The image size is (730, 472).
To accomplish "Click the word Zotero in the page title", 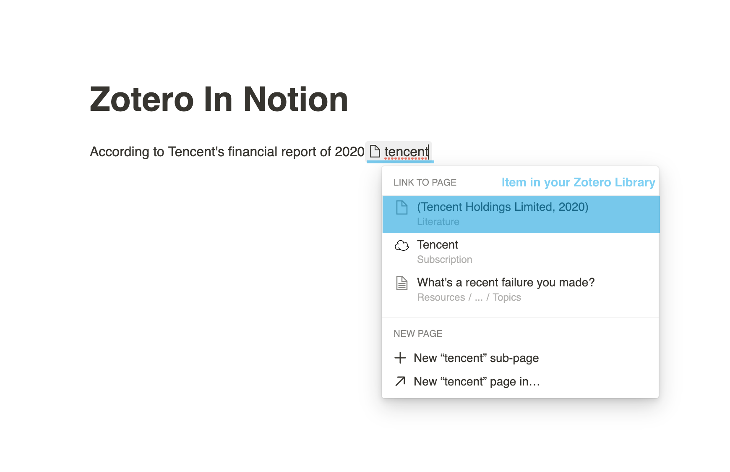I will pos(141,100).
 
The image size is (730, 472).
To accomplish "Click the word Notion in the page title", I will pos(295,100).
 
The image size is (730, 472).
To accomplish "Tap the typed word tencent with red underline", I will pos(406,152).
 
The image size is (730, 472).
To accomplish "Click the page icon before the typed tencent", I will pos(375,151).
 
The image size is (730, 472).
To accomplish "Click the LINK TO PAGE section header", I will pos(425,182).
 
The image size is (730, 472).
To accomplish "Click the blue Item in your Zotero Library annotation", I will pos(578,182).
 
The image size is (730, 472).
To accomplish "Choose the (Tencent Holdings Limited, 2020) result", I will pos(503,207).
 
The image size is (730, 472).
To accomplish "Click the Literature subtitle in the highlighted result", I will pos(438,222).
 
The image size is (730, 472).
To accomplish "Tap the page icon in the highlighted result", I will pos(401,207).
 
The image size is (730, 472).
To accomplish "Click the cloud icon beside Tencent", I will pos(401,245).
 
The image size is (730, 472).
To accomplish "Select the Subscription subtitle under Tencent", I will pos(444,260).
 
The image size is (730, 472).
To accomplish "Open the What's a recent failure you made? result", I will pos(506,283).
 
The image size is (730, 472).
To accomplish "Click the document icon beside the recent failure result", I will pos(401,283).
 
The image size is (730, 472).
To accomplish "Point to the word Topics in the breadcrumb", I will pos(506,297).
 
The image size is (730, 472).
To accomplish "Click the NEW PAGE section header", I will pos(418,333).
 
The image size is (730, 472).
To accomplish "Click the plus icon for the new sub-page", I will pos(400,358).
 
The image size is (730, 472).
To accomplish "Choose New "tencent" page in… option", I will pos(477,381).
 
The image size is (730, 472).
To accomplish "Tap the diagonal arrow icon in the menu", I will pos(400,381).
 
